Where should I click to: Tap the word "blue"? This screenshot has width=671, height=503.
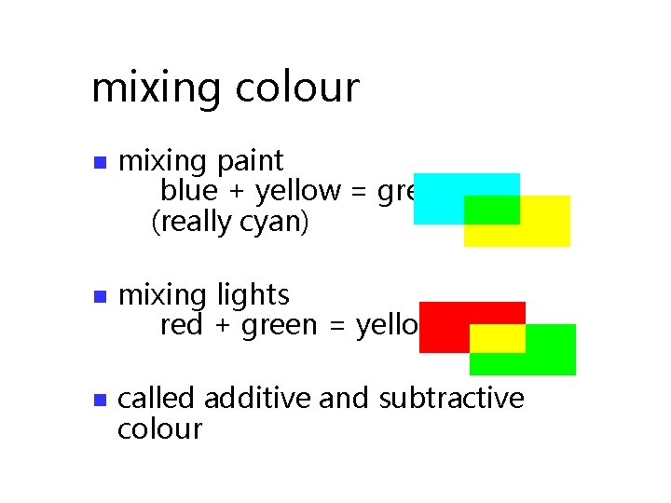(x=188, y=191)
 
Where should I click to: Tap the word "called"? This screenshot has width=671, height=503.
(x=157, y=399)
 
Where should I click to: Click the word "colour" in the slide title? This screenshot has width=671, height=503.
(x=297, y=88)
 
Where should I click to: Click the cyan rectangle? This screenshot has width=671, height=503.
(x=438, y=197)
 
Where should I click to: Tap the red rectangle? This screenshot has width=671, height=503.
(x=445, y=326)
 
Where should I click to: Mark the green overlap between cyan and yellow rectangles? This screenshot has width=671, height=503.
(x=491, y=210)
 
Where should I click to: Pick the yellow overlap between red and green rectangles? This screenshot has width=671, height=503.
(x=497, y=338)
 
